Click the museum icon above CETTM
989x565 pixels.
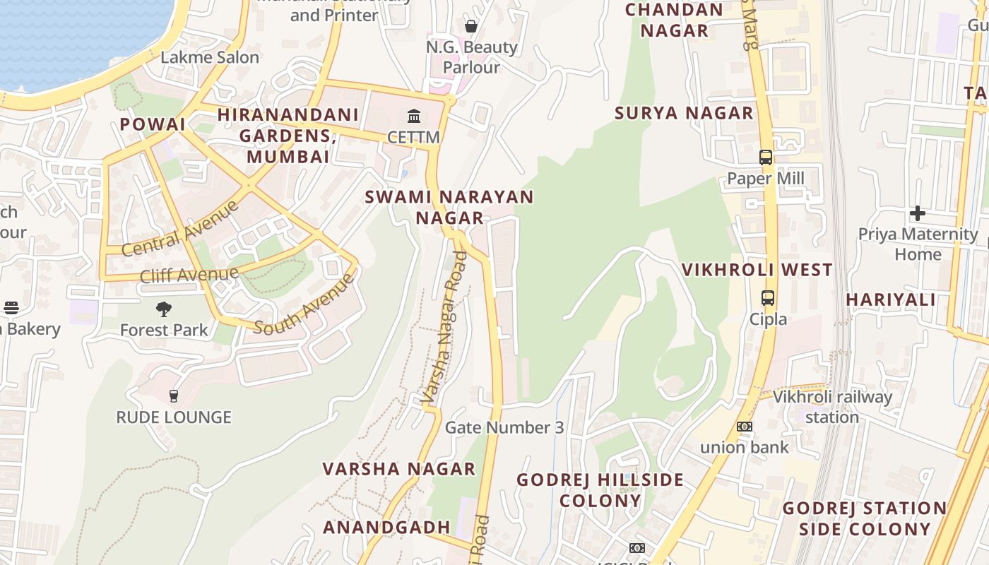click(414, 116)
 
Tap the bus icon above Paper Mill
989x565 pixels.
click(766, 157)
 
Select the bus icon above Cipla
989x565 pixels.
click(768, 298)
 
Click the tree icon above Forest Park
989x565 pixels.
click(164, 309)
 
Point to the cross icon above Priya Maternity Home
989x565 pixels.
click(918, 213)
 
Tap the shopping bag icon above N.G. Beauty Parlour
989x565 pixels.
click(471, 26)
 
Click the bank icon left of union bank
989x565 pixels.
click(745, 427)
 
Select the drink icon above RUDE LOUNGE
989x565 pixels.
click(174, 395)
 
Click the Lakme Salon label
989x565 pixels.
click(210, 57)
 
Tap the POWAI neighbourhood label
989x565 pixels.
click(153, 124)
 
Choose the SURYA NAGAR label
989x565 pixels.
click(684, 113)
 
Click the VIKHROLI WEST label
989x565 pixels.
click(757, 270)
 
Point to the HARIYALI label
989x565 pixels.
click(891, 299)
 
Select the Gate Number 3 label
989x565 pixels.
click(504, 427)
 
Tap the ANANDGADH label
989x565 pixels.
click(386, 527)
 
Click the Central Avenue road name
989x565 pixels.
click(181, 229)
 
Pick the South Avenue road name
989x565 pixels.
click(304, 304)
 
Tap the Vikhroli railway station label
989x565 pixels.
click(832, 407)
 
